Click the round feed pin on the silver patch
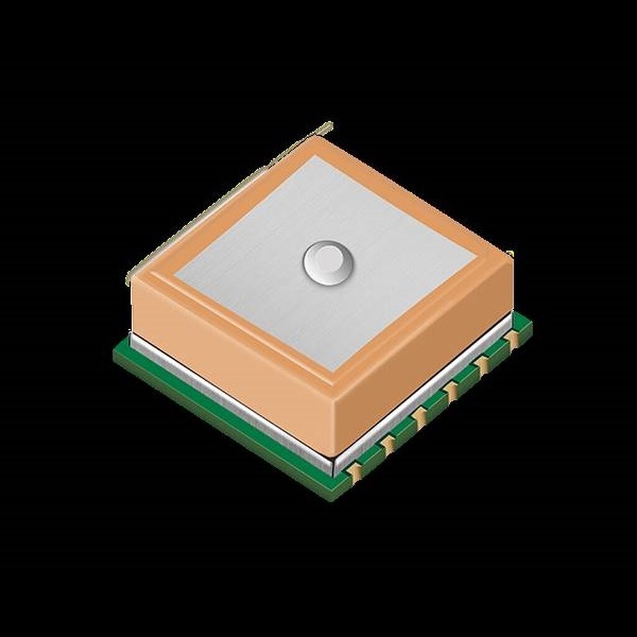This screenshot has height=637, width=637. (x=325, y=263)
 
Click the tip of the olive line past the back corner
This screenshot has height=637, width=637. (x=331, y=123)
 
